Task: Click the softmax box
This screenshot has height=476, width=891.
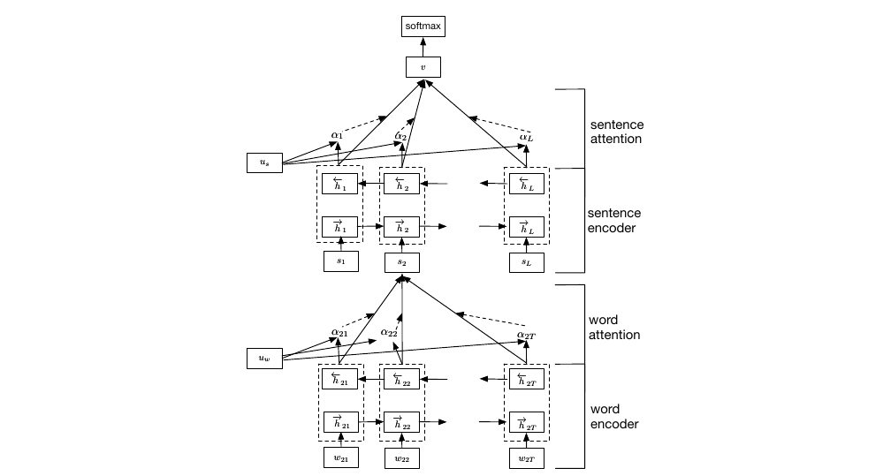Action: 422,27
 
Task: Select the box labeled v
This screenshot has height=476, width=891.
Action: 422,67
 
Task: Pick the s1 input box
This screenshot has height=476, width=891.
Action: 340,262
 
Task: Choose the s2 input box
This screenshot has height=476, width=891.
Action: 402,262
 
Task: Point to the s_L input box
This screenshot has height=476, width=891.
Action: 527,262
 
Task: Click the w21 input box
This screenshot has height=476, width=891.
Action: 340,458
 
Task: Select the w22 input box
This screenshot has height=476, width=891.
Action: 402,458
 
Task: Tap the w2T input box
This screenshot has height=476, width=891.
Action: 527,458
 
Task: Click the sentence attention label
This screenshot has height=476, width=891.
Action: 615,132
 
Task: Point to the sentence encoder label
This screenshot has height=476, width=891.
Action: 615,221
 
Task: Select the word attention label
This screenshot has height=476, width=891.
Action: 615,327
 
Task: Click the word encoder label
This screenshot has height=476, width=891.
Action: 615,417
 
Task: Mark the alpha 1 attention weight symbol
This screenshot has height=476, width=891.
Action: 337,135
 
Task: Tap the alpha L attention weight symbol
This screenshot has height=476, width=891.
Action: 526,136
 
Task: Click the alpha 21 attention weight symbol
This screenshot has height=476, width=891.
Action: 340,332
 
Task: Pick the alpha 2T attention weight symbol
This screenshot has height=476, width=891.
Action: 526,334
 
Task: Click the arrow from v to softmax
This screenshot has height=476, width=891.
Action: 422,47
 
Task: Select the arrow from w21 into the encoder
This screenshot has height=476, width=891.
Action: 340,442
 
